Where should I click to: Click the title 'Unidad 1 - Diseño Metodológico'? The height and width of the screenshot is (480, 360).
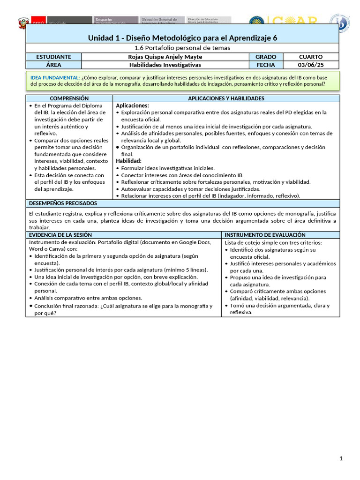point(182,37)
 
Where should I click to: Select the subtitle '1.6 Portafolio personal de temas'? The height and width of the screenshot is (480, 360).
point(182,48)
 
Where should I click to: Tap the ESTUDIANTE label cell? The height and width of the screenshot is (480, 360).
point(53,57)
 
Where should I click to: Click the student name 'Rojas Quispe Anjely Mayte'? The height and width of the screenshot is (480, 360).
point(165,57)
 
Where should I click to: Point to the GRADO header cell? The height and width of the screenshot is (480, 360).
point(266,57)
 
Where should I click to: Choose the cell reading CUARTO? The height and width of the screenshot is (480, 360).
point(311,57)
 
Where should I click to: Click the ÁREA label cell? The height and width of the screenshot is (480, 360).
point(53,65)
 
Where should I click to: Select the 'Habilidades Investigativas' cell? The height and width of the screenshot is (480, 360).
point(165,65)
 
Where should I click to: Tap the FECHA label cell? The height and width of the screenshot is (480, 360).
point(266,65)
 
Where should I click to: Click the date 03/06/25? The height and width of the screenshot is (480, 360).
point(311,65)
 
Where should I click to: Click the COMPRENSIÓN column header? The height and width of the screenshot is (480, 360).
point(69,98)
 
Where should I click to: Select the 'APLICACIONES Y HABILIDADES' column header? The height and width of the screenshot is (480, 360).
point(226,98)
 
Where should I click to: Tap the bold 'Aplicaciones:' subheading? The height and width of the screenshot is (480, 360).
point(132,105)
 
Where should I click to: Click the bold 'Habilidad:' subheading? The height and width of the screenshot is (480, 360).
point(128,161)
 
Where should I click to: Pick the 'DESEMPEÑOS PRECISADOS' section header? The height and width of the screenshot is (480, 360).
point(63,203)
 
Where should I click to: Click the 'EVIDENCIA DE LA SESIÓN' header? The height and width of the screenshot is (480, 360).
point(60,234)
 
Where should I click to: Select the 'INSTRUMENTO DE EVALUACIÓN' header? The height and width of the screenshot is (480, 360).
point(265,234)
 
